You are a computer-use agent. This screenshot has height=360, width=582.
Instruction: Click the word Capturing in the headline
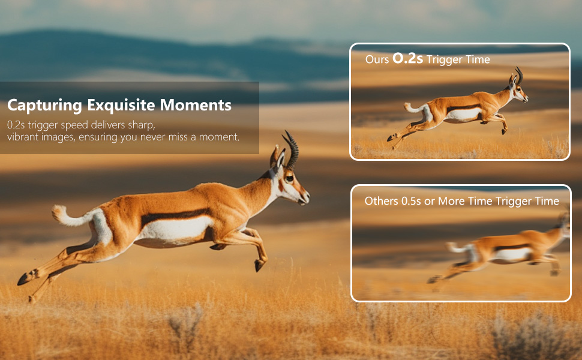(44, 106)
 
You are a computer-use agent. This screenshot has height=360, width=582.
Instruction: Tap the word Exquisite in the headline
(121, 106)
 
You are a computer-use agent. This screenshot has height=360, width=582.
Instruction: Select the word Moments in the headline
(196, 105)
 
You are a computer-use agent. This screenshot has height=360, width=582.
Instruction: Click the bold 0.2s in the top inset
(407, 58)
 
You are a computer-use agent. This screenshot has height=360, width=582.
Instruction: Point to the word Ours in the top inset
(377, 59)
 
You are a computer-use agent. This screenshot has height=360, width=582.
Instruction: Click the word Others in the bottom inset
(381, 201)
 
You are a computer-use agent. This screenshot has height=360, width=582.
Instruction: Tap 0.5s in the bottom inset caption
(411, 201)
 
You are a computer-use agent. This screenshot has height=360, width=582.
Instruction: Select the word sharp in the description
(141, 125)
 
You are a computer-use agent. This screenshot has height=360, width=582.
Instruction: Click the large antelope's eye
(289, 178)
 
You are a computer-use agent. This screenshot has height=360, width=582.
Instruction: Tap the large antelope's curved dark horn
(292, 149)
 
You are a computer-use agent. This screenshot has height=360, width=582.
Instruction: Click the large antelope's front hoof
(259, 265)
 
